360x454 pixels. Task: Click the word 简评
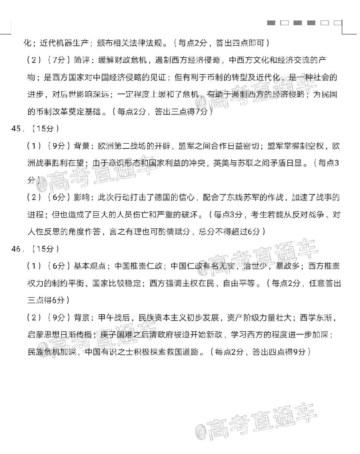(x=83, y=60)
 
